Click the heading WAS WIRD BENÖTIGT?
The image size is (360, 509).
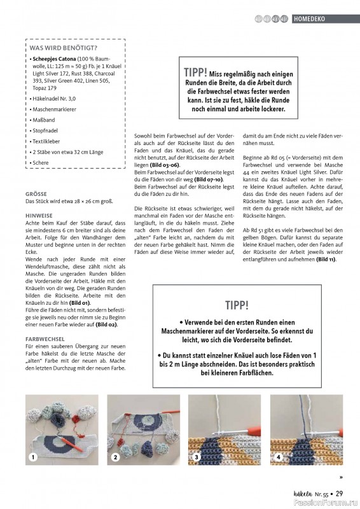tap(63, 48)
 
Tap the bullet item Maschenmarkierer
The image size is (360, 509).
tap(55, 109)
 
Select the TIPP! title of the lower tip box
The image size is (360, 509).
tap(237, 305)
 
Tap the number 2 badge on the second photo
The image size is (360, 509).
tap(116, 457)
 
